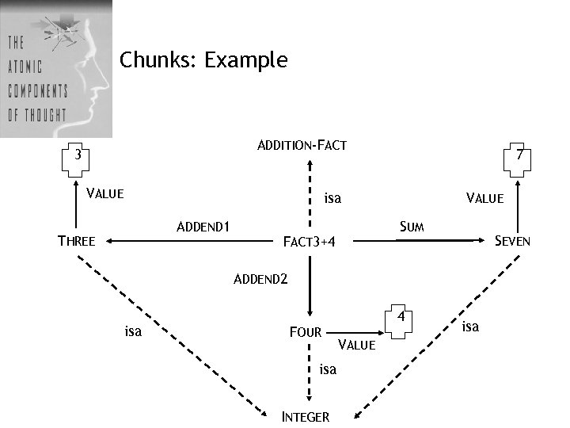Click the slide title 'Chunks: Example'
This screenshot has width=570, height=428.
(x=203, y=60)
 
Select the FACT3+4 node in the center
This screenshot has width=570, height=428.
(x=310, y=241)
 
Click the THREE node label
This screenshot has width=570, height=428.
(x=77, y=241)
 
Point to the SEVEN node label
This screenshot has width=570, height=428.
(x=512, y=241)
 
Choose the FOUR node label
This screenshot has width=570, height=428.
(x=306, y=332)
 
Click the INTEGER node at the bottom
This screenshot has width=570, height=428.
(x=306, y=417)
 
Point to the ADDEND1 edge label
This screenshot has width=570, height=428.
(x=203, y=227)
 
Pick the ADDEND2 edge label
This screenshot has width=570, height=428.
(x=261, y=279)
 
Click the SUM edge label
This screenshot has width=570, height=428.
(x=412, y=227)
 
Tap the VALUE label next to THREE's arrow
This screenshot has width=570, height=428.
(x=104, y=193)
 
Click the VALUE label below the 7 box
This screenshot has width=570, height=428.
(x=484, y=198)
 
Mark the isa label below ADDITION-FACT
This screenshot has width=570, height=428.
(x=332, y=198)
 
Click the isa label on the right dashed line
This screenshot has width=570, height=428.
(x=470, y=326)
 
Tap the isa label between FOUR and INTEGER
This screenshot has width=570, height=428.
(x=328, y=369)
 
